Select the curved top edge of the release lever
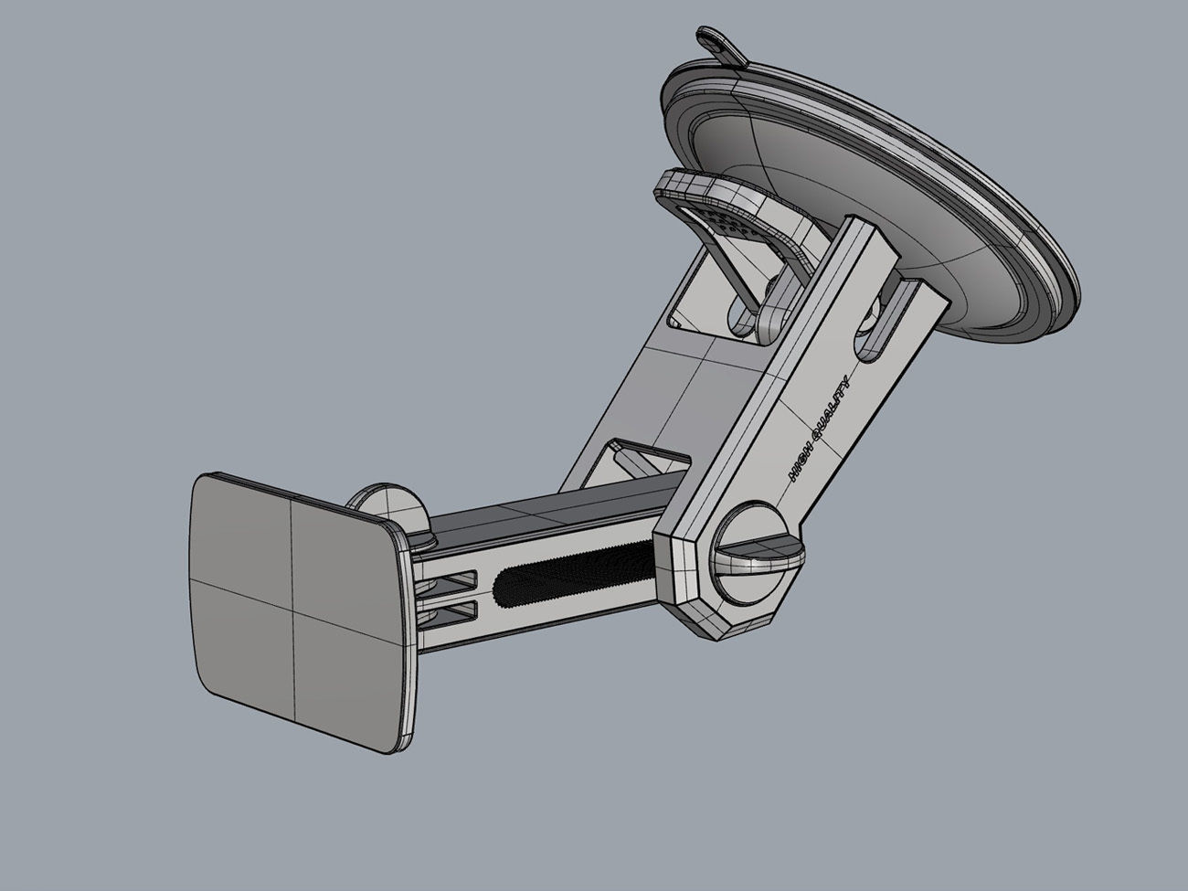coord(704,187)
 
